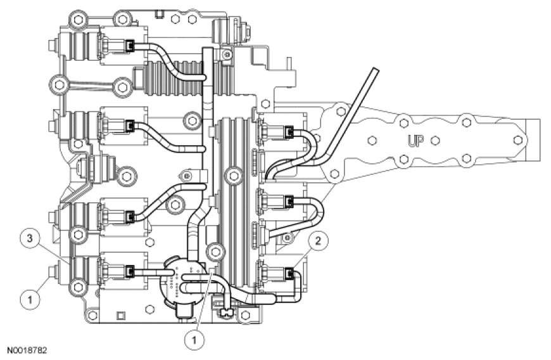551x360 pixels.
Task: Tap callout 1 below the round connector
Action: pyautogui.click(x=194, y=338)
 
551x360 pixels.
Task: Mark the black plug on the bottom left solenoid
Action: pyautogui.click(x=130, y=272)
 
